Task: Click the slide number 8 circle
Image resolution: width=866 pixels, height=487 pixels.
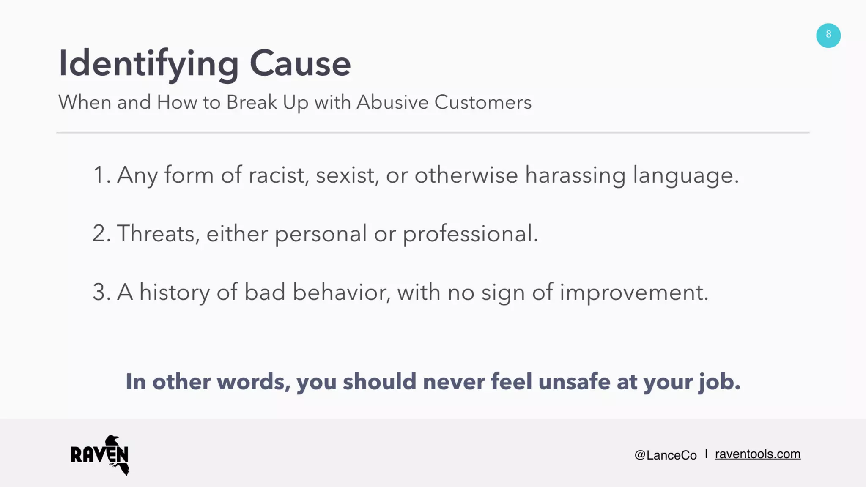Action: pos(828,36)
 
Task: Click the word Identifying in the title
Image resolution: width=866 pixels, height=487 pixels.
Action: pos(148,63)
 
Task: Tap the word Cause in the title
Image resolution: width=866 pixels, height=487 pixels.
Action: pos(300,63)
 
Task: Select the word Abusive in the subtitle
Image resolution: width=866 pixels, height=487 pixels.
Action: pos(392,102)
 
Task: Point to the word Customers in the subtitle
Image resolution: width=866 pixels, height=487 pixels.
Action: pos(482,102)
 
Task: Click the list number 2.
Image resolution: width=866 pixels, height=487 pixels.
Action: pos(101,233)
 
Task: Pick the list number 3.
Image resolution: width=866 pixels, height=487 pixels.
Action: pos(101,292)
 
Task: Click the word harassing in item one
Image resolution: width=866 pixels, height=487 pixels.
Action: pos(575,175)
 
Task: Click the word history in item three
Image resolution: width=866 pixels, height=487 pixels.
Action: pos(174,293)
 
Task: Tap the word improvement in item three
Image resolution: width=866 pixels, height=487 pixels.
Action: pos(633,293)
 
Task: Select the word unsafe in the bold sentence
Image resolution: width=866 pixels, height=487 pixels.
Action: pos(574,381)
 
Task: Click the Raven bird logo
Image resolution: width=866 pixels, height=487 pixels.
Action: pos(100,455)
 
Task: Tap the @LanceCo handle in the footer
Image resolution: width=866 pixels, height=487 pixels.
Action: pos(665,455)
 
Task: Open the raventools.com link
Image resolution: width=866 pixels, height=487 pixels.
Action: pos(757,454)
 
